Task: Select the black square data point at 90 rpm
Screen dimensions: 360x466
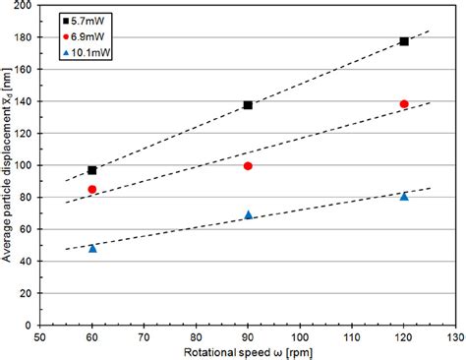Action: pos(248,105)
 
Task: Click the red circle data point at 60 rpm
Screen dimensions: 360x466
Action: pos(92,189)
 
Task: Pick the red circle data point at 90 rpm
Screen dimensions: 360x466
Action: pos(248,165)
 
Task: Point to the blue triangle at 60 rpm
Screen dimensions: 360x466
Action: pos(92,248)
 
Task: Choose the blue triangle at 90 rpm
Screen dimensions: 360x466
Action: pos(248,214)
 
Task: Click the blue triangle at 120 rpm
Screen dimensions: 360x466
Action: pos(404,197)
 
